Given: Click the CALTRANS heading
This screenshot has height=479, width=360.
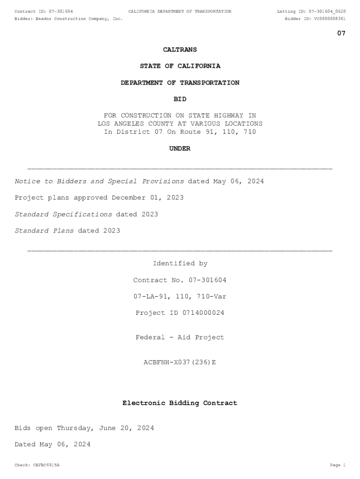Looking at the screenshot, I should point(180,50).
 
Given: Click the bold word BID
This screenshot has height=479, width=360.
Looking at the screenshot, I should point(180,99).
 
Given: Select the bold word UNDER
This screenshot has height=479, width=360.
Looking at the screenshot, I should point(180,149).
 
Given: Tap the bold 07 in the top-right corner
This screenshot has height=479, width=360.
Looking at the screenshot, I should point(341,33).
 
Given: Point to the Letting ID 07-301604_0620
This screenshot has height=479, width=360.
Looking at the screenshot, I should point(324,11).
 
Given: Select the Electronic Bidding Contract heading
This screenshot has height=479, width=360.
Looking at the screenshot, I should point(180,403).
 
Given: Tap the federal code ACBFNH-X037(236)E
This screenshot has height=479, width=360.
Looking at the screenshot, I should point(180,362).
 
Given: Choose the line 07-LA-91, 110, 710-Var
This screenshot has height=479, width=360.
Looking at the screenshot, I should point(180,297).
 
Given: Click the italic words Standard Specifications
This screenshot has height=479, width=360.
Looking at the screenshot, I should point(64,214).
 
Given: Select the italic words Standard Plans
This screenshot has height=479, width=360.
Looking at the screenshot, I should point(44,231).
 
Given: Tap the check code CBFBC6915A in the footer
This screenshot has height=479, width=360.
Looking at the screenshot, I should point(46,465).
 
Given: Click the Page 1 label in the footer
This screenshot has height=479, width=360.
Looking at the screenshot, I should point(338,465).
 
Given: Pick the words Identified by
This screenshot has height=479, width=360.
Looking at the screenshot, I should point(180,264).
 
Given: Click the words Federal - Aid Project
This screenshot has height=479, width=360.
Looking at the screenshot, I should point(180,338).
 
